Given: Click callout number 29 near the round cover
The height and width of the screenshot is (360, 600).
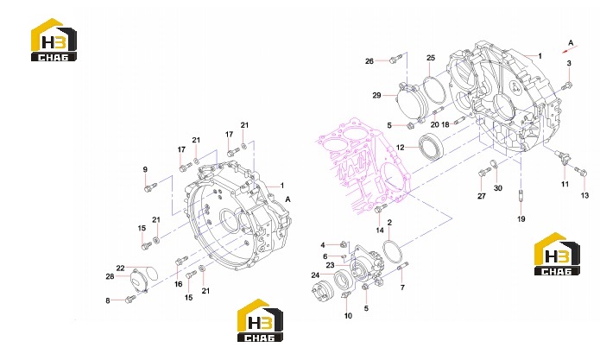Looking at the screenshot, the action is pyautogui.click(x=376, y=95).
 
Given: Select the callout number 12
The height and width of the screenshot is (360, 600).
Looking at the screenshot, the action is pyautogui.click(x=401, y=148).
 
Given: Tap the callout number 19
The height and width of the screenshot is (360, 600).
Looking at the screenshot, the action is pyautogui.click(x=521, y=219).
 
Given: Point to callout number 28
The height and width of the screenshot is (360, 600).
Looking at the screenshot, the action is pyautogui.click(x=110, y=276).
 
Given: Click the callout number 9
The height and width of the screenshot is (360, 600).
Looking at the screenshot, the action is pyautogui.click(x=145, y=169).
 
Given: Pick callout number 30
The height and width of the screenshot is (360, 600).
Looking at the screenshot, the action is pyautogui.click(x=498, y=188).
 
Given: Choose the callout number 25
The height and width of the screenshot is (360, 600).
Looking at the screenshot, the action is pyautogui.click(x=431, y=58).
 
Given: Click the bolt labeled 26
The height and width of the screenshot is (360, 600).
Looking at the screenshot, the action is pyautogui.click(x=395, y=59).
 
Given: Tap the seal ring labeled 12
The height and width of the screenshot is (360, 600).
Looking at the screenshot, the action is pyautogui.click(x=432, y=146).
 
